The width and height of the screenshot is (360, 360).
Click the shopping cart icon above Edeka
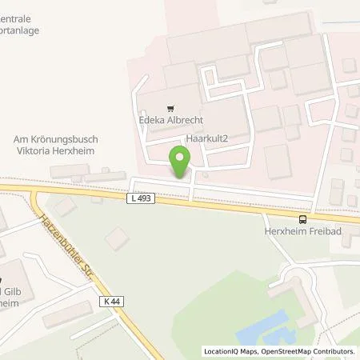[x=169, y=107]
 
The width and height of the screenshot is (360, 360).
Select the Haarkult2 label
[x=208, y=138]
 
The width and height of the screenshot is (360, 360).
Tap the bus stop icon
[x=302, y=218]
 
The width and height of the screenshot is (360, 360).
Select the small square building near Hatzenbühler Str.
[x=118, y=238]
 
